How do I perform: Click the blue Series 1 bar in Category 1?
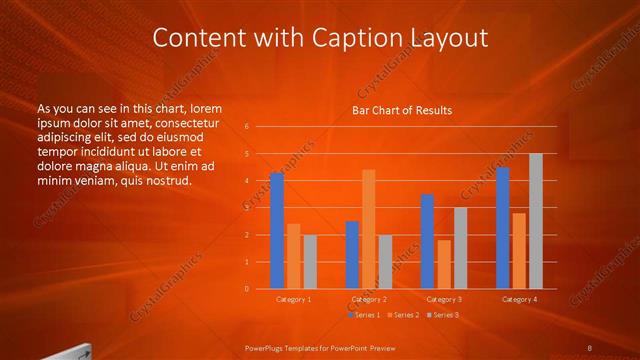click(x=277, y=231)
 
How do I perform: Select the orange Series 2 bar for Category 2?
click(x=369, y=229)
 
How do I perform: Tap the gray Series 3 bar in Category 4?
click(x=535, y=221)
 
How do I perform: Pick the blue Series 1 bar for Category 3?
click(x=427, y=241)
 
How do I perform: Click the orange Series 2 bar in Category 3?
click(x=443, y=264)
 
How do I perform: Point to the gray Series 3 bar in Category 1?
click(x=309, y=261)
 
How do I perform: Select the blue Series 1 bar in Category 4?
click(x=503, y=228)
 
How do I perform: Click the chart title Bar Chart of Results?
click(x=402, y=110)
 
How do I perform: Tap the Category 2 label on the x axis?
click(x=369, y=299)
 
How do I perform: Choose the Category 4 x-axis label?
click(x=519, y=299)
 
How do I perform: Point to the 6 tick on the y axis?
click(x=247, y=127)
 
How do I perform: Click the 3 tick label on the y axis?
click(x=247, y=208)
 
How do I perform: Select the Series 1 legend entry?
click(x=365, y=315)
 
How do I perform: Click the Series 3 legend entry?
click(x=444, y=315)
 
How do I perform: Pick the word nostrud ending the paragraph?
click(x=162, y=181)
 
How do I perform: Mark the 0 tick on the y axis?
click(x=247, y=289)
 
